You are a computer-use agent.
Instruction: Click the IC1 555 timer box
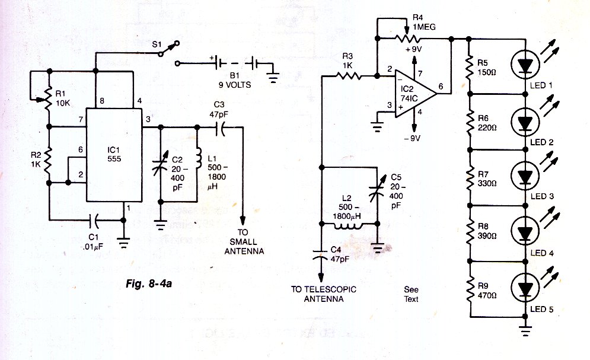tap(114, 155)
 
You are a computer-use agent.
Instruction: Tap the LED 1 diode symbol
tap(525, 64)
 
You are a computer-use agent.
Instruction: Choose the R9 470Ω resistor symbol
tap(470, 289)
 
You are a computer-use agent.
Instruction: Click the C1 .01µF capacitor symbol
tap(94, 221)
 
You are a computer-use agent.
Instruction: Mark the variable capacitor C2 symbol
tap(160, 166)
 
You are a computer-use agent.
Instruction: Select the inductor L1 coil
tap(197, 158)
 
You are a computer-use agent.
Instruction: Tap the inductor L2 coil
tap(349, 226)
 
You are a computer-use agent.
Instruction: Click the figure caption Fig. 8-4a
tap(149, 283)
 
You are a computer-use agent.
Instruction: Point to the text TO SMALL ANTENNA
tap(244, 241)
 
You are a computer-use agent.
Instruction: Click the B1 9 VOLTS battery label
tap(235, 81)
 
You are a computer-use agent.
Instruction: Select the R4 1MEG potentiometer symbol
tap(407, 37)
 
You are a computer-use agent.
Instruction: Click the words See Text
tap(411, 294)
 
